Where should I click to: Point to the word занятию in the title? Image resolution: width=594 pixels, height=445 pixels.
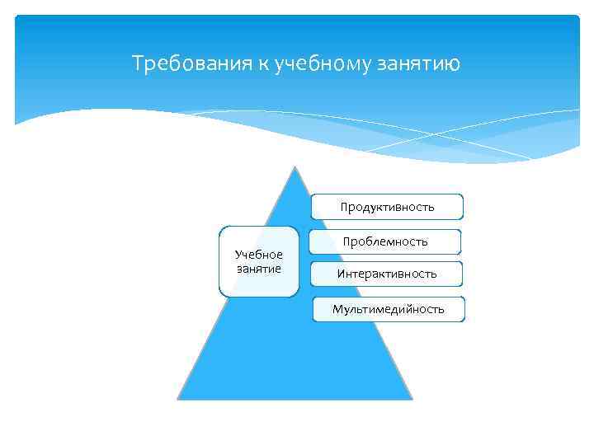421,63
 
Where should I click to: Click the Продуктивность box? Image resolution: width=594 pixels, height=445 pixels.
387,207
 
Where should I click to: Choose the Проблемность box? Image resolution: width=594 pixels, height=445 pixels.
385,241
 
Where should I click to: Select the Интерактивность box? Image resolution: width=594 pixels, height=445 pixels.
386,274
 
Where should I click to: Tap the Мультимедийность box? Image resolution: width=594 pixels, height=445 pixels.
389,309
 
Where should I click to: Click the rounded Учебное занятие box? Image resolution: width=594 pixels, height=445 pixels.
258,261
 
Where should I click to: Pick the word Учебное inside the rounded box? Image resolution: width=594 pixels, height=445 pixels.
258,255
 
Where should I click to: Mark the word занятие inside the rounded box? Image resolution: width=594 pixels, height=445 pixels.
258,268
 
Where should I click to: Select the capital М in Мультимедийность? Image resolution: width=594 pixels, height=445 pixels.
337,309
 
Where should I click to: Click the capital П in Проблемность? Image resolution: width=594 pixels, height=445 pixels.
347,241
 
